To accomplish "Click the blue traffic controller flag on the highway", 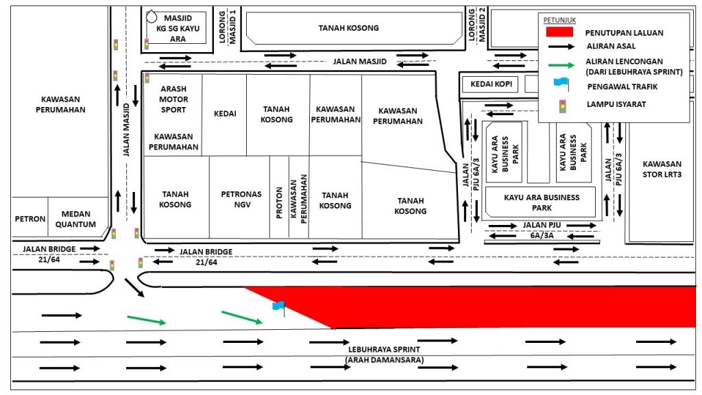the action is click(x=278, y=307).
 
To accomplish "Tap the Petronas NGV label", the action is click(x=241, y=200).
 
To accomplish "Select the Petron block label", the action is click(x=30, y=219).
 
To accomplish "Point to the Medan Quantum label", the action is click(x=75, y=219).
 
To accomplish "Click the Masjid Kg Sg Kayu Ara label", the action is click(x=178, y=28).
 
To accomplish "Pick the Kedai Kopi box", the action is click(x=491, y=84).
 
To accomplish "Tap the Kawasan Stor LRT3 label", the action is click(x=662, y=169).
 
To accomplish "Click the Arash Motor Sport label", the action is click(x=173, y=99).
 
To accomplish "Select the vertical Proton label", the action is click(x=280, y=202).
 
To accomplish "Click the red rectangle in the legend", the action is click(x=559, y=32).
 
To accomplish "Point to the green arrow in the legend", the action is click(x=561, y=65).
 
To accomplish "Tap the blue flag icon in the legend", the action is click(x=561, y=84).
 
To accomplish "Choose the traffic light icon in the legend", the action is click(x=562, y=106).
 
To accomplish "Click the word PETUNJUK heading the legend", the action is click(x=559, y=20).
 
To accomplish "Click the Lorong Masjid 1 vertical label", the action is click(x=228, y=27).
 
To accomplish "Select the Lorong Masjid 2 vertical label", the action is click(x=476, y=25).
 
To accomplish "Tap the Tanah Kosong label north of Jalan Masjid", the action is click(x=348, y=27).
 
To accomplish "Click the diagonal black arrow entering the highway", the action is click(x=134, y=287).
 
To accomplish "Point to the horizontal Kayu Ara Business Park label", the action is click(x=542, y=202).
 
